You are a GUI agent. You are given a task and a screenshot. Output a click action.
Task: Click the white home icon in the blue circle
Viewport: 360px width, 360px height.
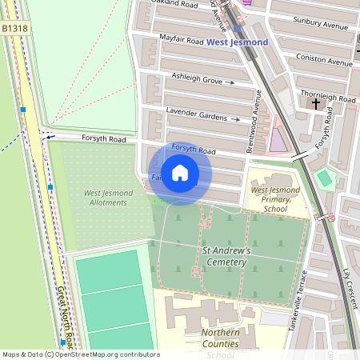tap(180, 172)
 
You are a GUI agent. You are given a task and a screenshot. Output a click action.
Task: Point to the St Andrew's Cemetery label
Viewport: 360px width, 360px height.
tap(226, 256)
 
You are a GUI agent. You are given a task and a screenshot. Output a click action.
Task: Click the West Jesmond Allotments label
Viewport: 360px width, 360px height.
tap(105, 198)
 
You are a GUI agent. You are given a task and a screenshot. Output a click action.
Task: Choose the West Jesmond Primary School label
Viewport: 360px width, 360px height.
tap(275, 199)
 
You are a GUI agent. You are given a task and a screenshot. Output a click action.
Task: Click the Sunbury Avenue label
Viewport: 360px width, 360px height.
tap(321, 26)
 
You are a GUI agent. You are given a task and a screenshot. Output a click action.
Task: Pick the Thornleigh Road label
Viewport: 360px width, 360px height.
tap(327, 96)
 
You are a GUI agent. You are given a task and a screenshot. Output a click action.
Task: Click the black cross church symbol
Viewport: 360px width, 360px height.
tap(315, 103)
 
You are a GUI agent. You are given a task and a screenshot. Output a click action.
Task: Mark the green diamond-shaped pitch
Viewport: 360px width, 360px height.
tap(323, 178)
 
